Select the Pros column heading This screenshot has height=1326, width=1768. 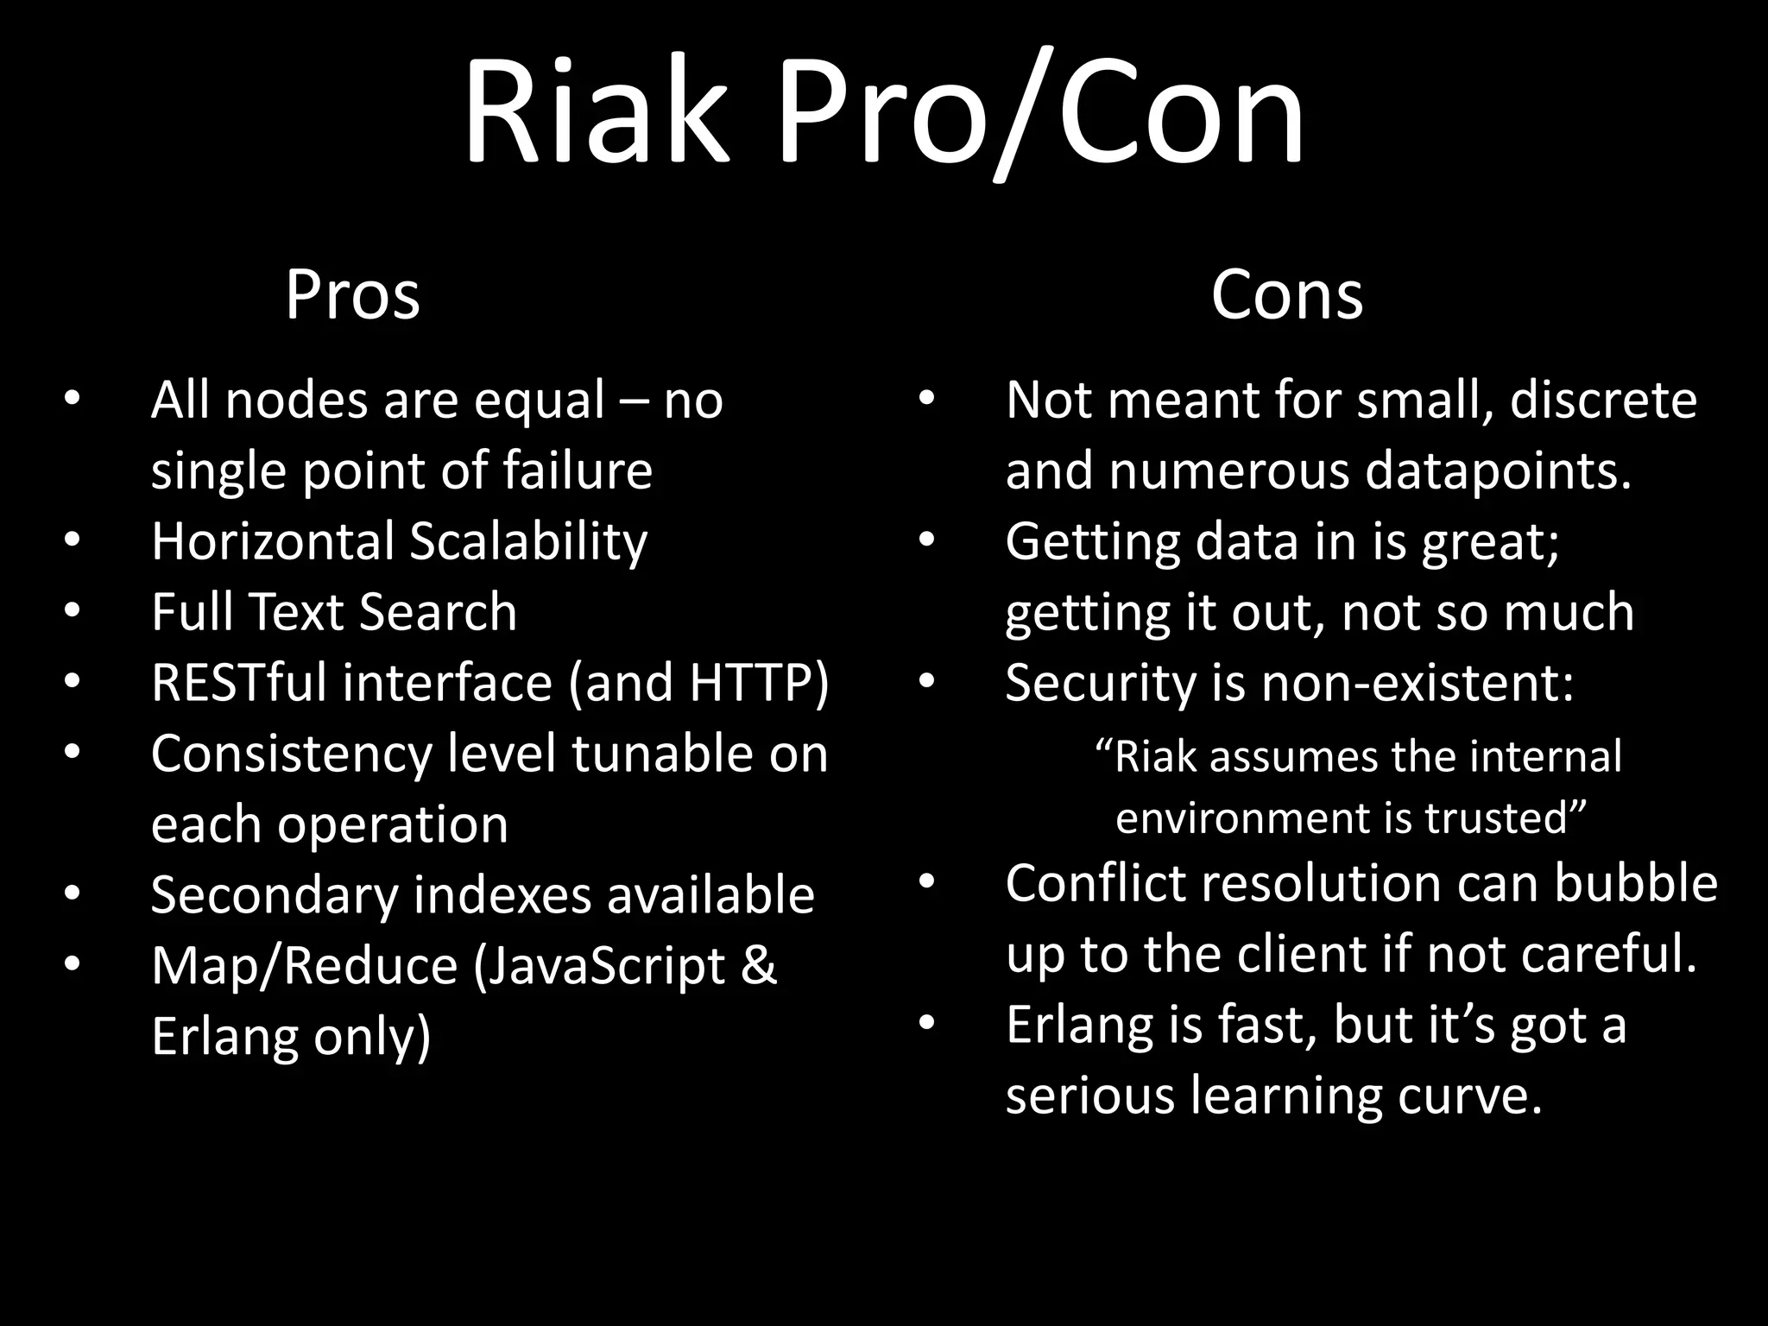tap(352, 296)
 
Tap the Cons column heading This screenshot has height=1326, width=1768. tap(1286, 296)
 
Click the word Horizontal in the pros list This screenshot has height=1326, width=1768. tap(273, 541)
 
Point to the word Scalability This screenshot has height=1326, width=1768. tap(528, 541)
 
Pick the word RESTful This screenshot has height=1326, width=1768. tap(239, 683)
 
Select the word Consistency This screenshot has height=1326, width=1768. tap(291, 754)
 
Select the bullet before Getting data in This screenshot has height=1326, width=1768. tap(926, 540)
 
